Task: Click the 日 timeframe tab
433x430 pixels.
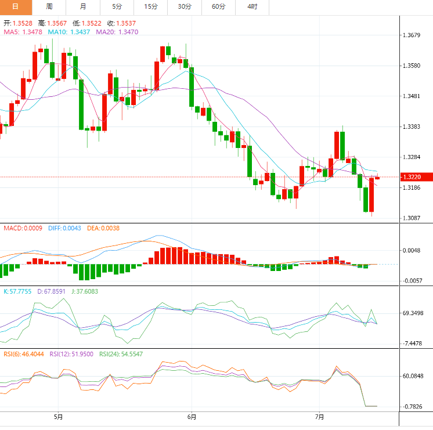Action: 15,6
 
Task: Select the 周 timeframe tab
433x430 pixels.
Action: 49,6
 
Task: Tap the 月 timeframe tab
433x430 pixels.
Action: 83,6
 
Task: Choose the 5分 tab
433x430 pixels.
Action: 117,6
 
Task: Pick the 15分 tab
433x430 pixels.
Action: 150,6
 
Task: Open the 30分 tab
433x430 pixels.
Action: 185,6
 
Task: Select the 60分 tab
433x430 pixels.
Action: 218,6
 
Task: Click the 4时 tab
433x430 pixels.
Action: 252,6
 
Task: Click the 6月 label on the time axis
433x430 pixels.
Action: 192,417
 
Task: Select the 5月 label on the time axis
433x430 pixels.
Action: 58,417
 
